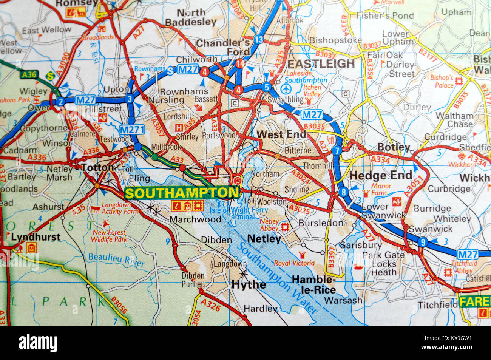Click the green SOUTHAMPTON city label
pos(182,193)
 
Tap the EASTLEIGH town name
pos(321,63)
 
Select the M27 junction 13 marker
pos(258,39)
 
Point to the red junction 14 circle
pos(240,64)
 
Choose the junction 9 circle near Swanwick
pos(423,242)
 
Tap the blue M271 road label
pos(132,130)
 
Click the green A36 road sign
pos(29,74)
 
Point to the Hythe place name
pos(249,284)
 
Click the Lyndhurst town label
pos(36,237)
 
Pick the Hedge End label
pos(381,175)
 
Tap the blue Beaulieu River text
pos(116,260)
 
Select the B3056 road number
pos(119,305)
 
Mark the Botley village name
pos(394,147)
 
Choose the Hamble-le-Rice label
pos(314,284)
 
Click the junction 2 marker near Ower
pos(60,101)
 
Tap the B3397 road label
pos(331,258)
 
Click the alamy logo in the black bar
pos(38,343)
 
